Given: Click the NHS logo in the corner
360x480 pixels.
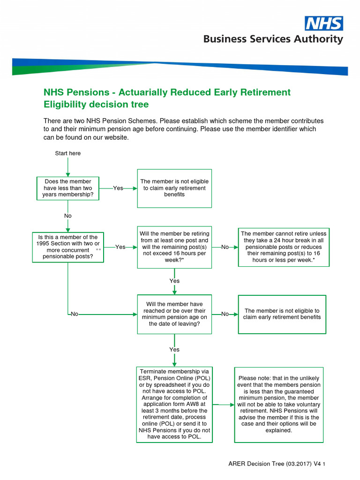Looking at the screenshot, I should click(x=324, y=23).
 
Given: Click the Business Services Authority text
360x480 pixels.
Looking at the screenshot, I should click(x=273, y=39).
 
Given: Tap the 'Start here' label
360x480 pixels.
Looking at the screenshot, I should click(x=68, y=153).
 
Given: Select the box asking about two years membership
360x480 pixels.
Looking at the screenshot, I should click(x=68, y=188).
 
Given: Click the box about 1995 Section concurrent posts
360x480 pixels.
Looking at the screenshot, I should click(x=68, y=247).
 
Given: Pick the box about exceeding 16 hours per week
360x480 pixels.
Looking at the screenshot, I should click(x=174, y=247).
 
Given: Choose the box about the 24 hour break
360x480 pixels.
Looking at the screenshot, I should click(x=284, y=247).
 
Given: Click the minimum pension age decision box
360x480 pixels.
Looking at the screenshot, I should click(x=174, y=314).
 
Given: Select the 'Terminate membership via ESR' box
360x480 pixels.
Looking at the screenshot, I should click(x=174, y=404).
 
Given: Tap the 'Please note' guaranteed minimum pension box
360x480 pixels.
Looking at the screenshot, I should click(x=279, y=404).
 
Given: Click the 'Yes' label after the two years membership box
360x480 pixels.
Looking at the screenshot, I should click(x=118, y=188).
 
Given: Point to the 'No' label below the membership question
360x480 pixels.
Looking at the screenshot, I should click(x=68, y=216).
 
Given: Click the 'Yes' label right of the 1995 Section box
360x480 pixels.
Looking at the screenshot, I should click(x=120, y=247).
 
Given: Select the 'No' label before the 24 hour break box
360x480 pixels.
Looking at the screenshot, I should click(x=225, y=247).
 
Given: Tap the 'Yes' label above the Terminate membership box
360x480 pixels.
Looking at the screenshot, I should click(x=174, y=350).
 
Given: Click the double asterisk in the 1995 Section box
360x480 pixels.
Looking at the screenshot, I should click(x=98, y=251).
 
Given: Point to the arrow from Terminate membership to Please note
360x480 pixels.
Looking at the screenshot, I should click(x=224, y=404).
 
